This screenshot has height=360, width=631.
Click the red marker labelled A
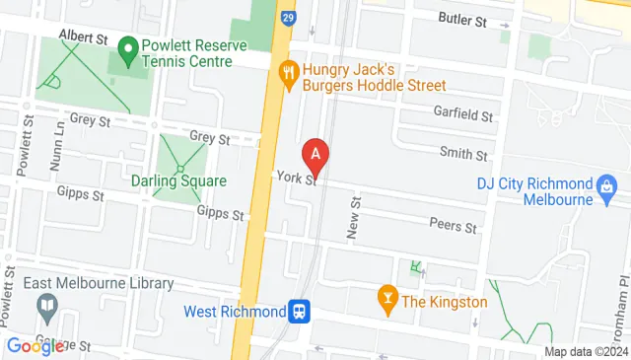click(x=315, y=154)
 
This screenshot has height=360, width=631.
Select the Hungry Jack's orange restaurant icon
click(x=288, y=71)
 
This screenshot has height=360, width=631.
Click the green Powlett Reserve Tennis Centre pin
click(x=127, y=47)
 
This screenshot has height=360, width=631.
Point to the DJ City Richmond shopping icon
click(x=607, y=184)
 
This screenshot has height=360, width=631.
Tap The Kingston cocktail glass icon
click(x=387, y=301)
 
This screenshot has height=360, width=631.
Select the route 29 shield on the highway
click(x=286, y=19)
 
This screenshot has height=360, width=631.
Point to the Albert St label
click(x=83, y=36)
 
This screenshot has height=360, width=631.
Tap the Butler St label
click(x=463, y=20)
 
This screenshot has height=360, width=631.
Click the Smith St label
click(x=463, y=155)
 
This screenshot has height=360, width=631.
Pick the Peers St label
click(x=454, y=226)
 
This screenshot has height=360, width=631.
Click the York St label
click(x=296, y=179)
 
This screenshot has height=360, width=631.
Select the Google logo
click(x=35, y=345)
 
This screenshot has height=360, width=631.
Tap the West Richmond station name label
click(x=234, y=312)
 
